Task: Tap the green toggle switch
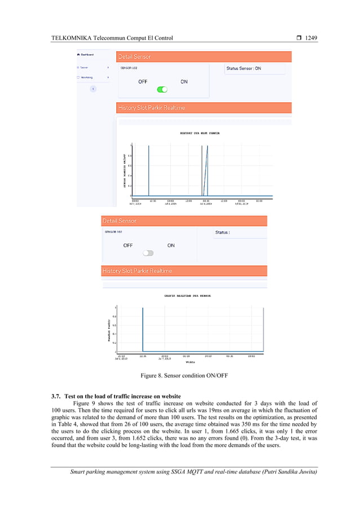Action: pos(163,89)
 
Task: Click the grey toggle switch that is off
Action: pos(148,253)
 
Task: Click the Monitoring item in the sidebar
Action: pos(86,77)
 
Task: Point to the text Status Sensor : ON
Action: pos(243,68)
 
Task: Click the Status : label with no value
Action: pos(223,232)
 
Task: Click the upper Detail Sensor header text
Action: pos(134,57)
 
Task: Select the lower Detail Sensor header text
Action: pos(119,221)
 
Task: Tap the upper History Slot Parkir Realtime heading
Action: pos(151,108)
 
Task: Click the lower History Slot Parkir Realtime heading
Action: pos(137,271)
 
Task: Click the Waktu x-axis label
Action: pos(190,362)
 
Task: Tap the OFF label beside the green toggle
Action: pos(143,82)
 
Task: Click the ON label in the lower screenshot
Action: pos(171,245)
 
